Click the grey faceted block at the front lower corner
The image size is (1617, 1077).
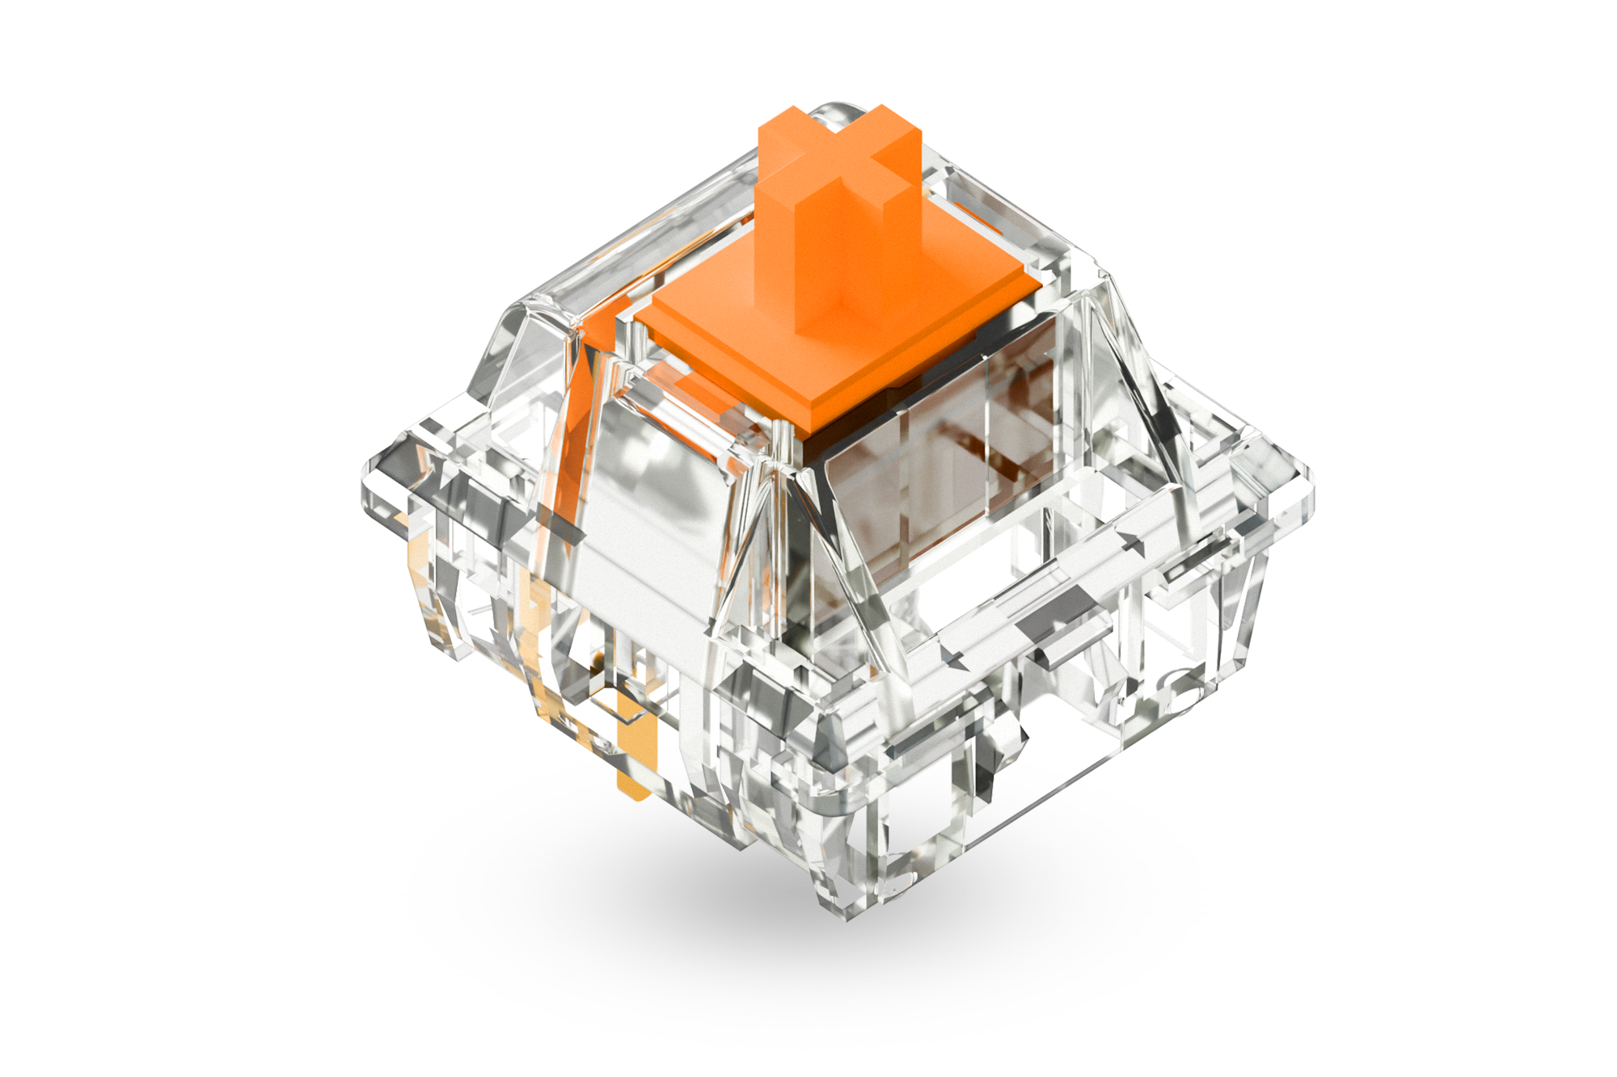tap(760, 703)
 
